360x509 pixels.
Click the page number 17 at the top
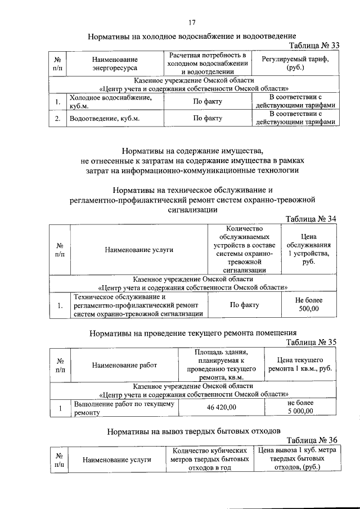click(x=192, y=22)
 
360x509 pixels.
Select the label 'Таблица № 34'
click(x=311, y=218)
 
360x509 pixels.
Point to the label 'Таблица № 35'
click(x=311, y=341)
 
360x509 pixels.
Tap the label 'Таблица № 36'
click(x=311, y=440)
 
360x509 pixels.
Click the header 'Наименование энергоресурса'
click(x=115, y=64)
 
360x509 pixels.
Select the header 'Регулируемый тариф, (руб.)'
click(x=295, y=63)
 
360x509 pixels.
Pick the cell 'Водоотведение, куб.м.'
click(x=104, y=119)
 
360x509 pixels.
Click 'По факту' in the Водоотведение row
click(x=208, y=119)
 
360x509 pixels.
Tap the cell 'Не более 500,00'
click(x=308, y=305)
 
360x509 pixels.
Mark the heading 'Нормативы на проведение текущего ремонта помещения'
click(x=193, y=333)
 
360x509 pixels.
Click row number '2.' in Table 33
click(x=57, y=119)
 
